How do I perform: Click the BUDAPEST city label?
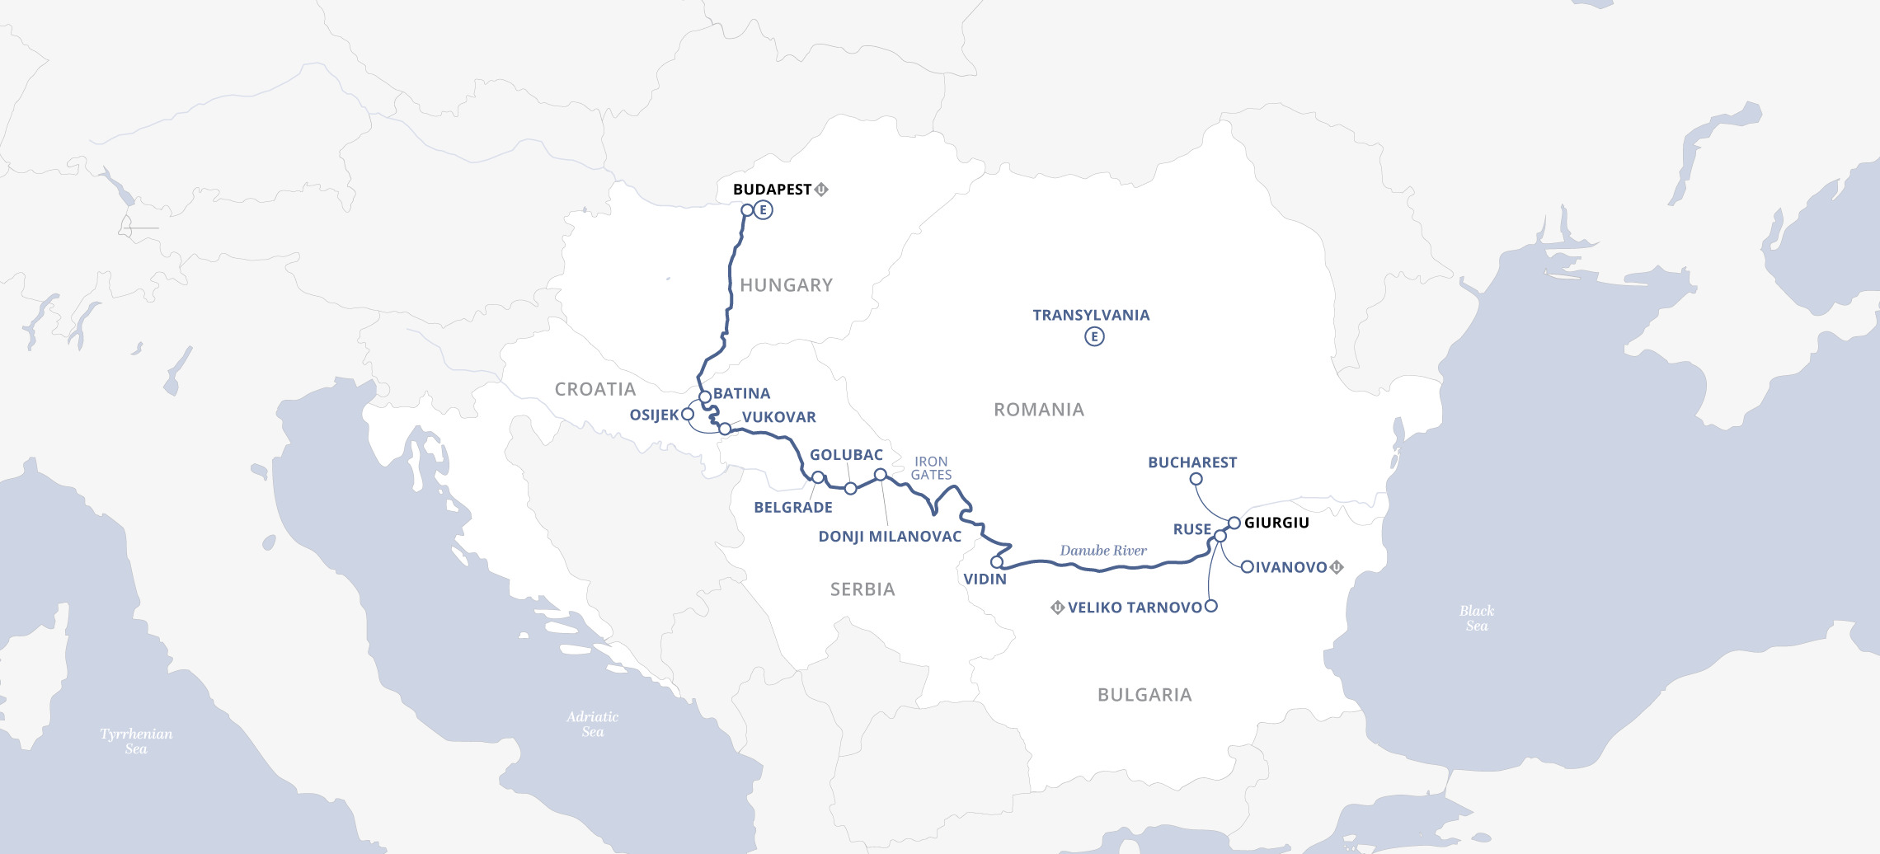pyautogui.click(x=772, y=190)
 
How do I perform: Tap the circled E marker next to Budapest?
pyautogui.click(x=764, y=210)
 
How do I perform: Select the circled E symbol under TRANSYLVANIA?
pyautogui.click(x=1094, y=336)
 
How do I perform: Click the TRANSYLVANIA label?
pyautogui.click(x=1091, y=315)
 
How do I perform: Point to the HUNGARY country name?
pyautogui.click(x=786, y=285)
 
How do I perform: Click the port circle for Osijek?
pyautogui.click(x=688, y=414)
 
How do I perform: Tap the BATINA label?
pyautogui.click(x=741, y=394)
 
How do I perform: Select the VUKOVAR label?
pyautogui.click(x=778, y=417)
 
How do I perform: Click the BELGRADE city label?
pyautogui.click(x=792, y=508)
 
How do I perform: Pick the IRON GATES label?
pyautogui.click(x=931, y=468)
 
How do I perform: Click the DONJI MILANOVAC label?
pyautogui.click(x=890, y=537)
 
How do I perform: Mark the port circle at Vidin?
pyautogui.click(x=997, y=562)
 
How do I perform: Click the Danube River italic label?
pyautogui.click(x=1103, y=551)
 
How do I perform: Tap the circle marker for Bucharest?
pyautogui.click(x=1196, y=479)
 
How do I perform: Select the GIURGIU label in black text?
pyautogui.click(x=1276, y=523)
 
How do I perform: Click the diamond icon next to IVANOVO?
pyautogui.click(x=1337, y=567)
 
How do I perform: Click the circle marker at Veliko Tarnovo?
pyautogui.click(x=1211, y=606)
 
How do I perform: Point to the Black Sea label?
pyautogui.click(x=1476, y=618)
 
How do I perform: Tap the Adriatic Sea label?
pyautogui.click(x=592, y=724)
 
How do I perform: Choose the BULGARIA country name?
pyautogui.click(x=1144, y=695)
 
